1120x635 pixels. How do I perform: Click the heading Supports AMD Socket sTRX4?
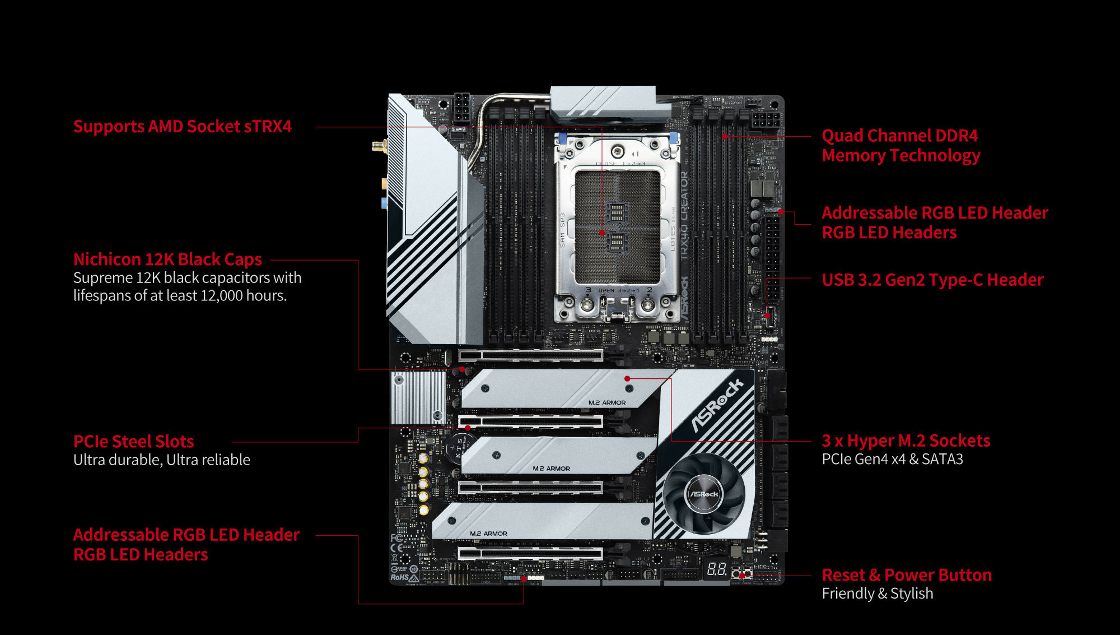(x=182, y=127)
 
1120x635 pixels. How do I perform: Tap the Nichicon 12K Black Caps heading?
(x=167, y=259)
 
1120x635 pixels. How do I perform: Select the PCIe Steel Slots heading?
(x=133, y=442)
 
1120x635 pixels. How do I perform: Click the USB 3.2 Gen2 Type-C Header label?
(x=932, y=280)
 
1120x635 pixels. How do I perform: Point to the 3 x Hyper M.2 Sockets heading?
(x=906, y=441)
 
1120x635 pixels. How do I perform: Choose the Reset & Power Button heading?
(x=906, y=575)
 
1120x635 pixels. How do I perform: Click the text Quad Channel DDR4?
(x=899, y=136)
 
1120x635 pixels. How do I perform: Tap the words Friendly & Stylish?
(x=877, y=594)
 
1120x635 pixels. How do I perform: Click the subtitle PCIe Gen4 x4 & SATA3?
(x=892, y=460)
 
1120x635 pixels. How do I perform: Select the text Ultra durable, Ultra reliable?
(x=161, y=460)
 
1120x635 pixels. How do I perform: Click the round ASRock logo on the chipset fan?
(x=703, y=494)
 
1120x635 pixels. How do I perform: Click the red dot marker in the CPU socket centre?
(x=602, y=233)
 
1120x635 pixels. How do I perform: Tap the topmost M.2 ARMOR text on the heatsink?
(x=606, y=402)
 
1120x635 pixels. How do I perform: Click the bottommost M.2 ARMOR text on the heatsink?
(x=488, y=534)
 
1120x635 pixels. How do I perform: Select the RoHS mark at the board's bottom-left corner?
(x=400, y=577)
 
